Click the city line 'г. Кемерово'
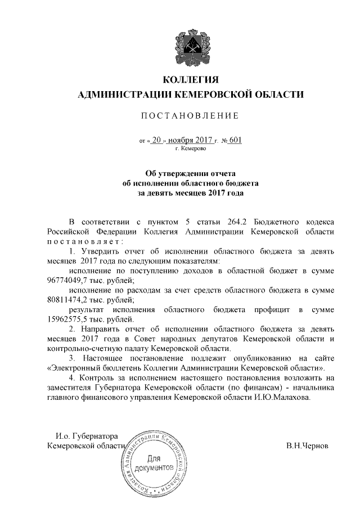(191, 148)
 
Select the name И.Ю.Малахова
(285, 397)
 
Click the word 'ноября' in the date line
(179, 140)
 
